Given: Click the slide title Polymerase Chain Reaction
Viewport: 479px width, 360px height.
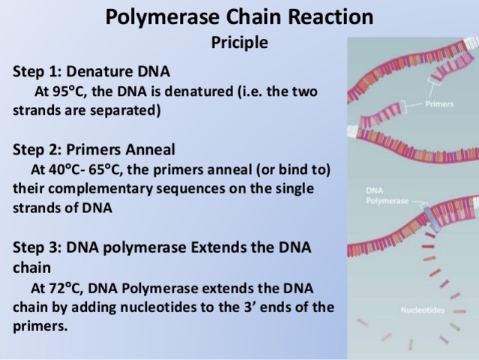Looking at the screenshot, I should tap(239, 16).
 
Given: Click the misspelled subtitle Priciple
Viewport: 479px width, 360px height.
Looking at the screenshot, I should tap(239, 43).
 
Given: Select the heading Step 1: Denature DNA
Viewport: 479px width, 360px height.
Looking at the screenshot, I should tap(91, 72).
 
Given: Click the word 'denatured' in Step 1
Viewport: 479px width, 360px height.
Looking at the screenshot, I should tap(203, 91).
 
